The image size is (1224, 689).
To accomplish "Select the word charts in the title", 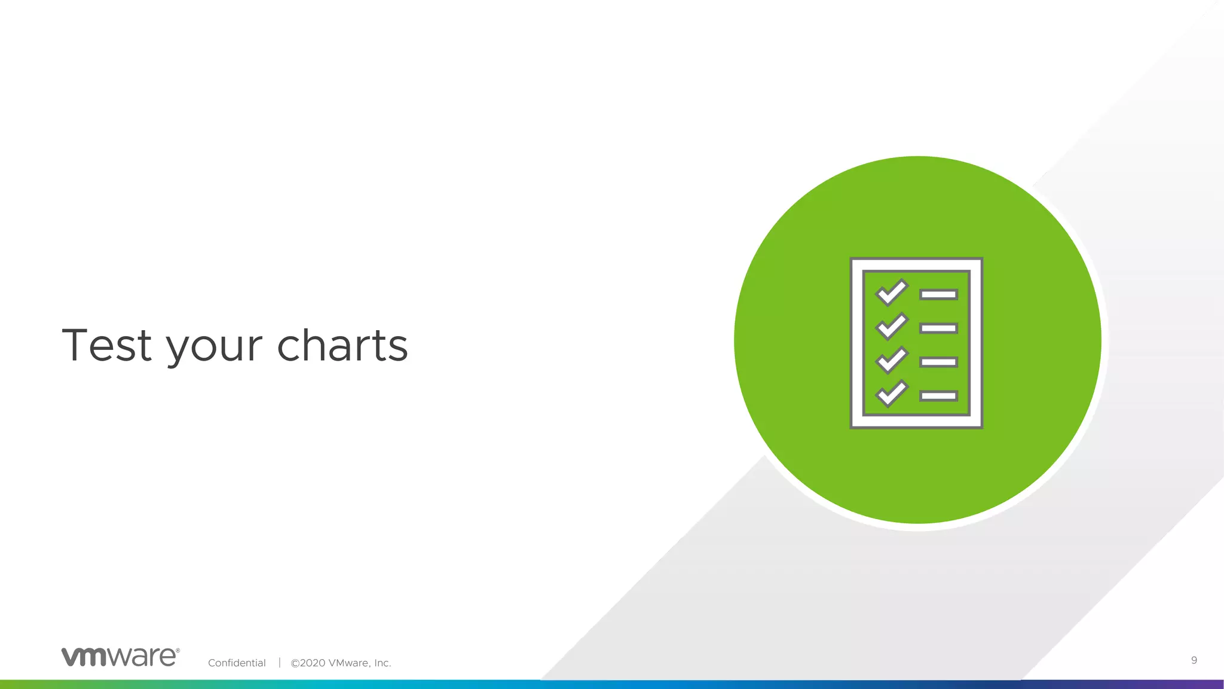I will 342,345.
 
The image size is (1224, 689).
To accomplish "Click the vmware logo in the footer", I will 120,657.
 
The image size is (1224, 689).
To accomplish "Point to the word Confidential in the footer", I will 237,663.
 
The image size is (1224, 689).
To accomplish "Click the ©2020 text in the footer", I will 308,663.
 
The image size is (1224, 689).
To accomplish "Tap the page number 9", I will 1194,660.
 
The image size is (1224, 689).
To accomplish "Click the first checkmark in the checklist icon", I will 891,292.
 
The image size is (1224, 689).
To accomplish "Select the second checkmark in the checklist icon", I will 891,326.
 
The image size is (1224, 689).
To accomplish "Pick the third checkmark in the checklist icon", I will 891,360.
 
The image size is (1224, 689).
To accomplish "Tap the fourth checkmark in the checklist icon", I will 891,394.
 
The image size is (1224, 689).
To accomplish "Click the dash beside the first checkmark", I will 938,294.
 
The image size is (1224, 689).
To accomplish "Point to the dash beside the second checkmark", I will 938,328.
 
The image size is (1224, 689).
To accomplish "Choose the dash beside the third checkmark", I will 938,362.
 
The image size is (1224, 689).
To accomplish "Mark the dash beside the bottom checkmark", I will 938,396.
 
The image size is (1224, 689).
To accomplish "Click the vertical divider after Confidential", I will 279,662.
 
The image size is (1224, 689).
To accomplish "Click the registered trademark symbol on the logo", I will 178,650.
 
